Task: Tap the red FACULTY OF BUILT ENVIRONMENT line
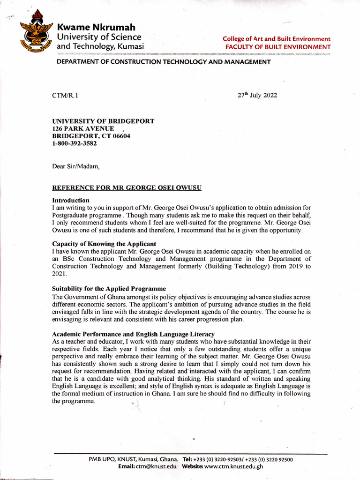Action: pos(277,47)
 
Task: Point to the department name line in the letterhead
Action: pos(163,62)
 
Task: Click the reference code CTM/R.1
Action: pos(65,96)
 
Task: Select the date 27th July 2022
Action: pos(257,96)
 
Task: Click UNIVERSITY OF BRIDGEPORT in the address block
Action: pos(103,121)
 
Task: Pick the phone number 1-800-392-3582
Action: pos(75,143)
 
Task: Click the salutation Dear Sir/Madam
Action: pos(76,165)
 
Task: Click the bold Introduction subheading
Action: pos(70,200)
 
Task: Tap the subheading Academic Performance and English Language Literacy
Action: pos(133,334)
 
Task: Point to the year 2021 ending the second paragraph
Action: pos(60,273)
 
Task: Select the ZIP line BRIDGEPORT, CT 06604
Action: pos(91,136)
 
